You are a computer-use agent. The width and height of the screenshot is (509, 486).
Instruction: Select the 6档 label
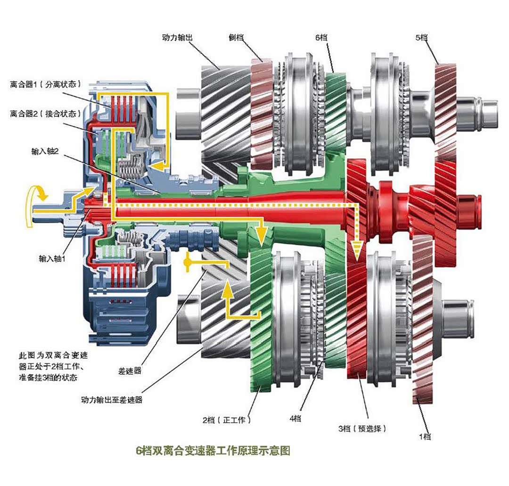pyautogui.click(x=322, y=37)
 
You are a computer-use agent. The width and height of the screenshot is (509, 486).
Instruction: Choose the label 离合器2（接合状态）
pyautogui.click(x=45, y=114)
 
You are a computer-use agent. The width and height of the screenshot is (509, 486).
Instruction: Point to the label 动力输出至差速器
pyautogui.click(x=112, y=400)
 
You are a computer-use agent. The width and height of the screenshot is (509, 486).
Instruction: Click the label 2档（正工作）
pyautogui.click(x=226, y=420)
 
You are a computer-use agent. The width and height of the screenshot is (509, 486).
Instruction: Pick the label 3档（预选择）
pyautogui.click(x=362, y=428)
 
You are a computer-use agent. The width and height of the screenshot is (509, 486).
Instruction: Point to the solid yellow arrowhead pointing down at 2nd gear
pyautogui.click(x=260, y=231)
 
